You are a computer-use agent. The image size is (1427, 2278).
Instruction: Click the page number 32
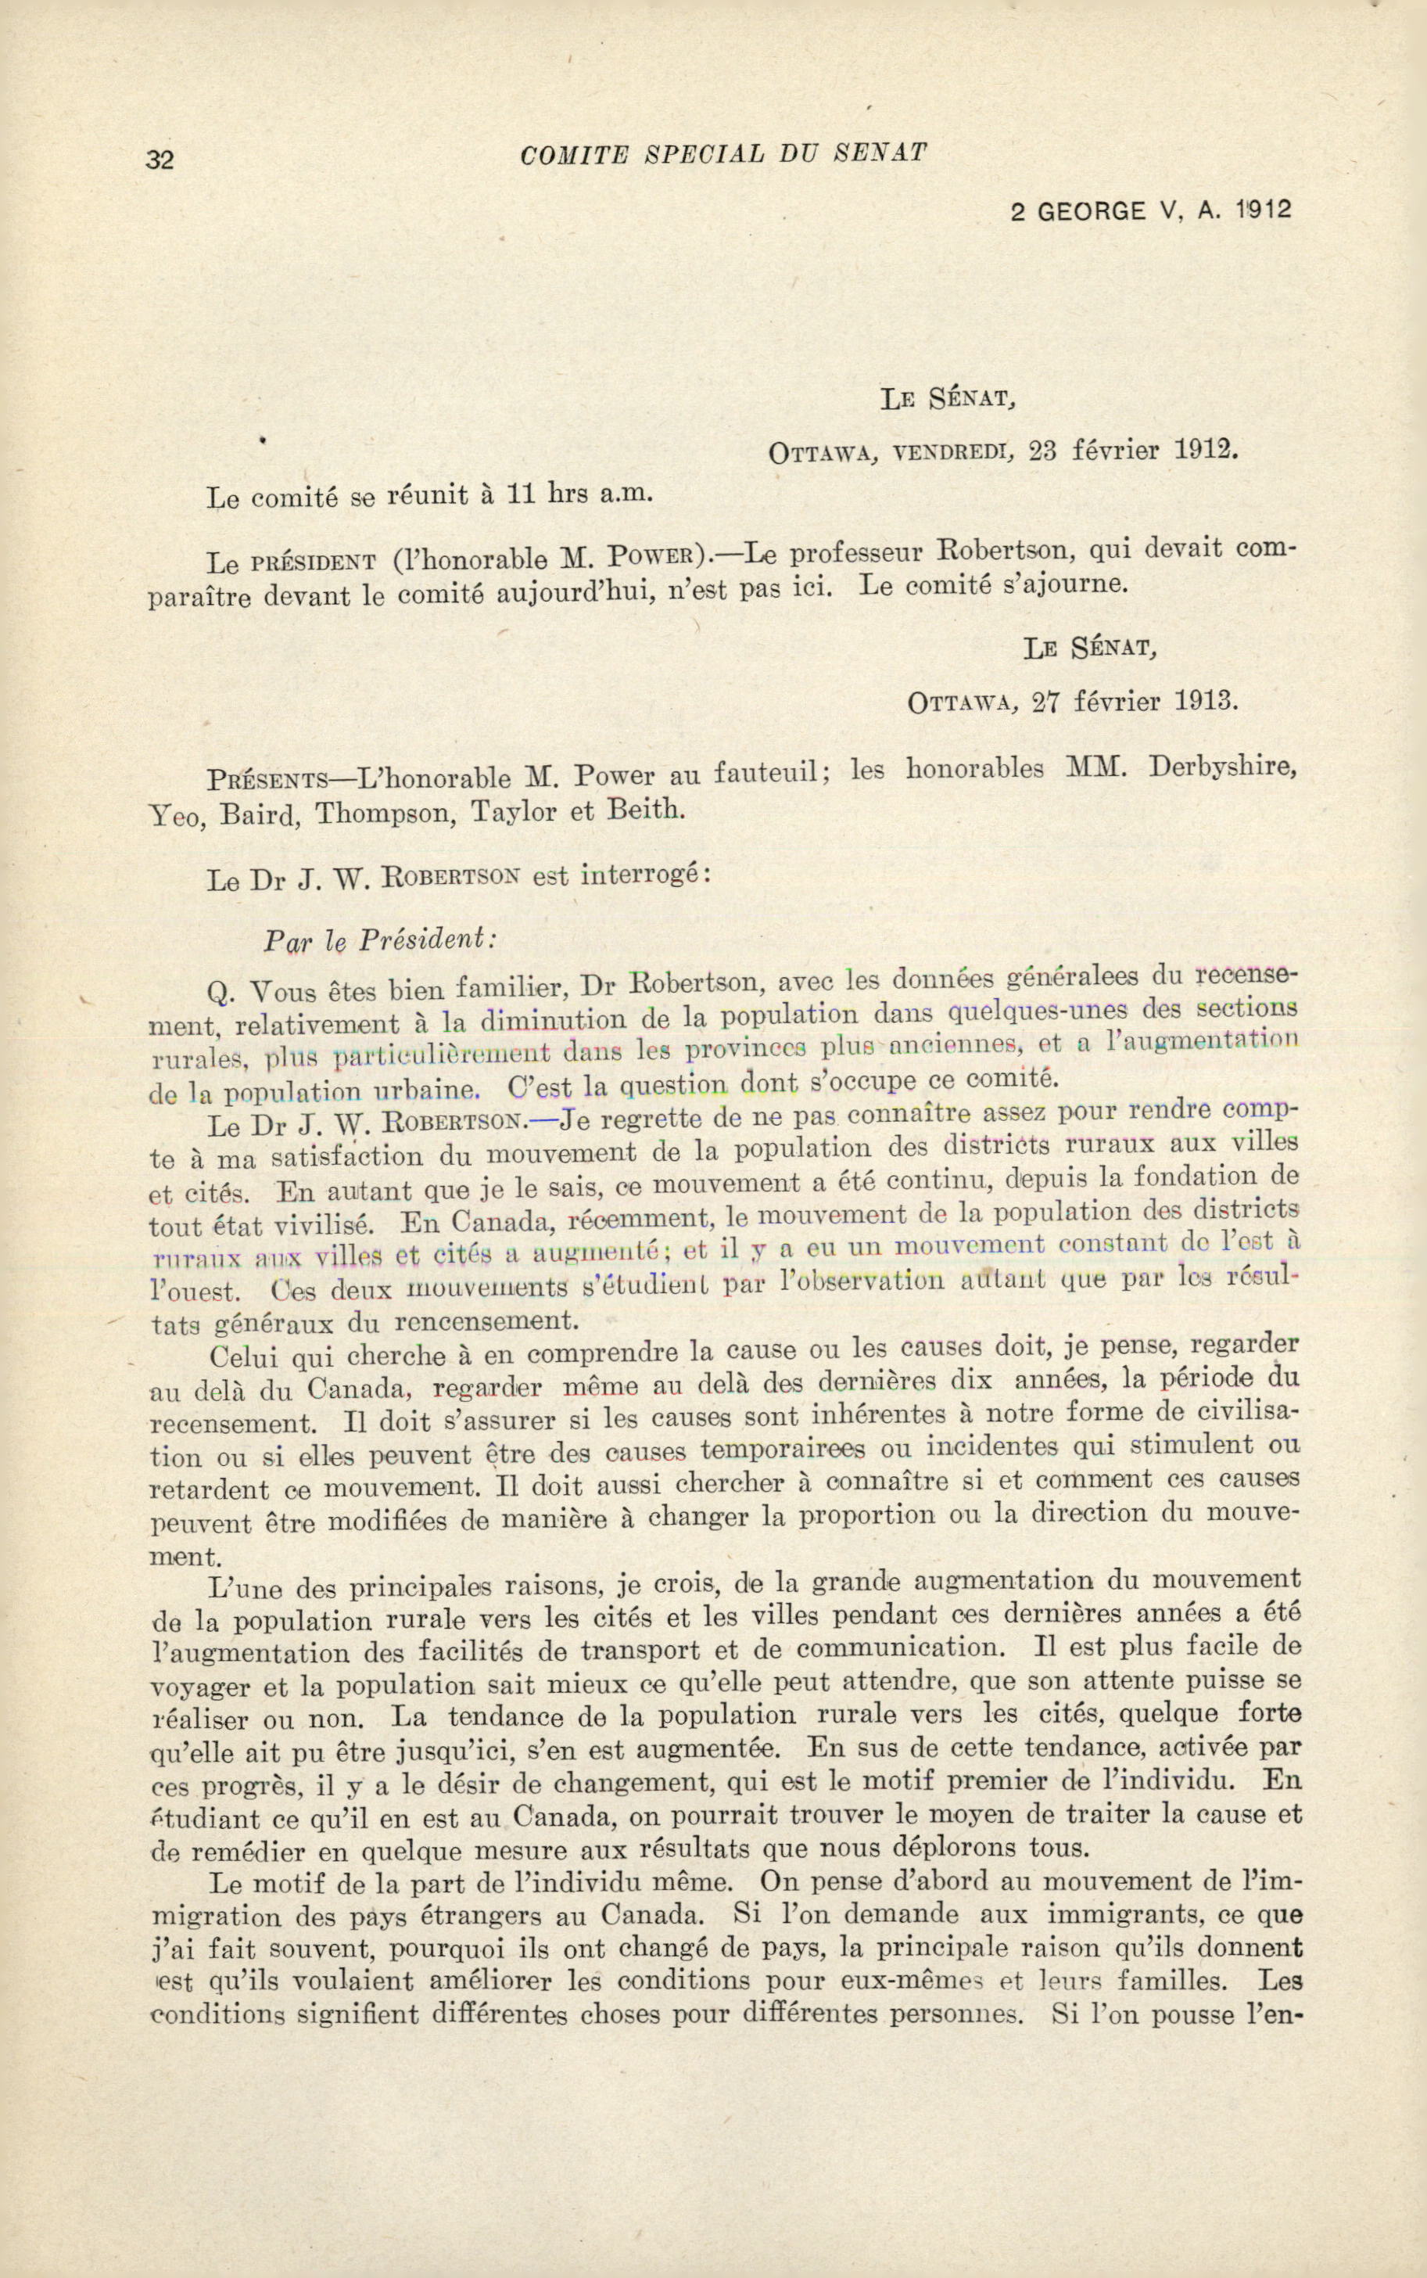click(x=160, y=159)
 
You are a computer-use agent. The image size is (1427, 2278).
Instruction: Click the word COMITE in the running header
click(x=573, y=153)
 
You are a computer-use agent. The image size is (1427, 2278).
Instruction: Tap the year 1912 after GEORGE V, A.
click(x=1262, y=210)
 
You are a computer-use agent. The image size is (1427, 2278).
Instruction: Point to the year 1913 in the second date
click(x=1204, y=702)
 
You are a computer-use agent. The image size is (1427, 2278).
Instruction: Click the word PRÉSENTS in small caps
click(x=268, y=780)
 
